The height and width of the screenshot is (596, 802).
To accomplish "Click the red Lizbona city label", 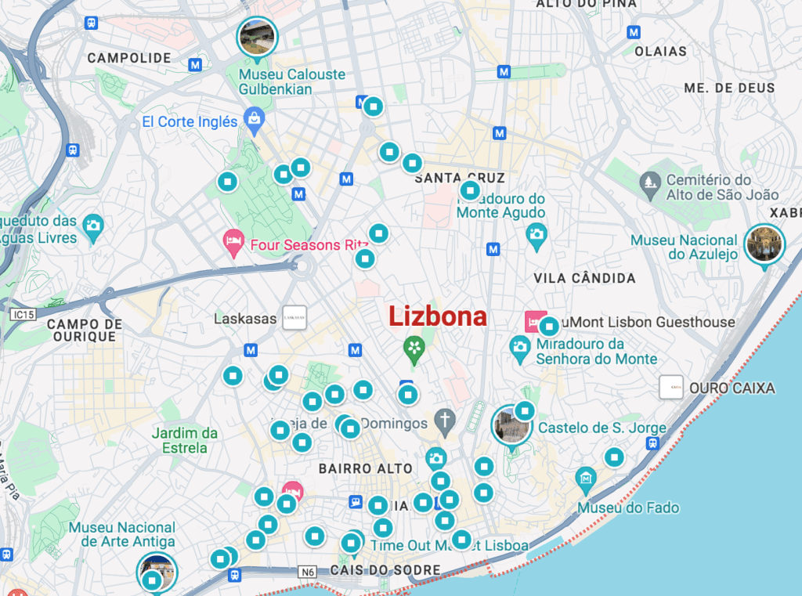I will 438,316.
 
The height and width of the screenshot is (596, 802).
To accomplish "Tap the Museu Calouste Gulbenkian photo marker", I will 257,36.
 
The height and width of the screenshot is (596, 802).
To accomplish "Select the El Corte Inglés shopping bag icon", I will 254,120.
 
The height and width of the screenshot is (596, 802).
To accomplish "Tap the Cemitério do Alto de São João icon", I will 650,185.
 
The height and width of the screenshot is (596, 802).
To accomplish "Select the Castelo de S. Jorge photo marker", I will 511,425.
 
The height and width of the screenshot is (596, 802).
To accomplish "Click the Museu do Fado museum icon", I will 586,478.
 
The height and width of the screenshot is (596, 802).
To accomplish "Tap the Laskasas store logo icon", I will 294,317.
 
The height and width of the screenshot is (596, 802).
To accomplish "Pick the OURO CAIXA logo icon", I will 671,387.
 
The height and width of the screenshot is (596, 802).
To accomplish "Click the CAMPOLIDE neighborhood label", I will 129,58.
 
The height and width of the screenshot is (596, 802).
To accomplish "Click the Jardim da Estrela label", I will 185,440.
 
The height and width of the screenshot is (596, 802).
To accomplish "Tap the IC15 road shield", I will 24,315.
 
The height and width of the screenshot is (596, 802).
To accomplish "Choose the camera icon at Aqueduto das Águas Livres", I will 93,225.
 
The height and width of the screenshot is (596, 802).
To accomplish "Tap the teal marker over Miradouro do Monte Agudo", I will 470,190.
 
